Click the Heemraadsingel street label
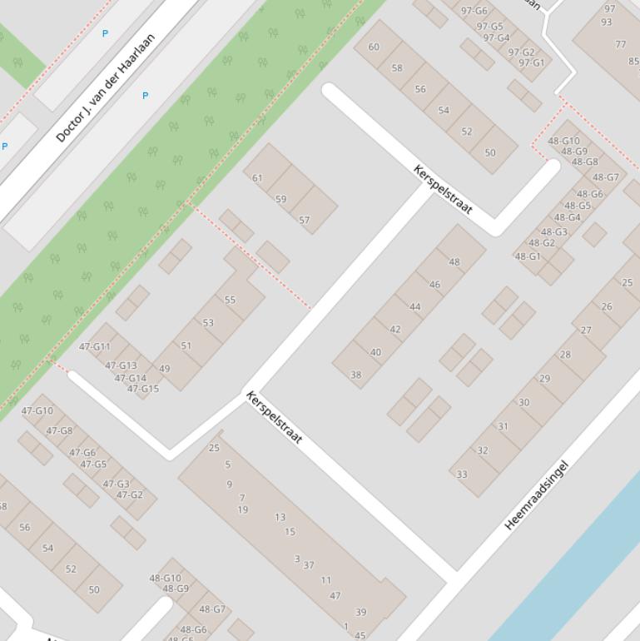(537, 495)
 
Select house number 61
(257, 178)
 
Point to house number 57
(304, 221)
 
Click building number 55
(230, 300)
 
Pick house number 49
(164, 369)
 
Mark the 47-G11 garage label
(95, 347)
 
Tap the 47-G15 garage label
(143, 389)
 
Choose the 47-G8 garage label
(59, 431)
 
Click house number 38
(355, 375)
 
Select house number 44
(414, 307)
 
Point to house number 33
(461, 475)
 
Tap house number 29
(544, 379)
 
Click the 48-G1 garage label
(528, 256)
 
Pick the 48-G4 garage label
(568, 218)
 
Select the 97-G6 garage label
(474, 11)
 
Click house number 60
(374, 47)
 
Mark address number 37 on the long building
(309, 565)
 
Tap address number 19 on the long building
(243, 510)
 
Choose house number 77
(620, 45)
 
